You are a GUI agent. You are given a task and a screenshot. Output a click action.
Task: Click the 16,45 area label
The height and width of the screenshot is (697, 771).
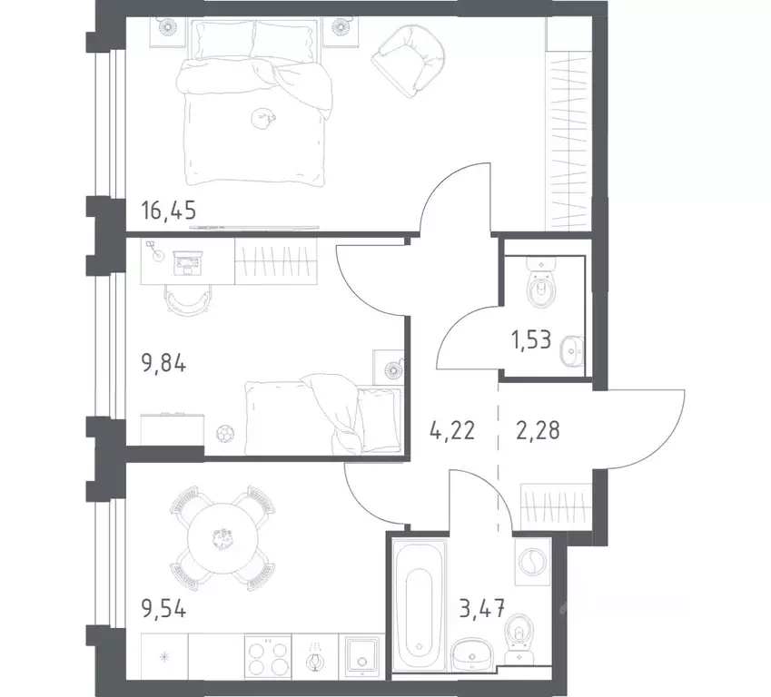coord(169,211)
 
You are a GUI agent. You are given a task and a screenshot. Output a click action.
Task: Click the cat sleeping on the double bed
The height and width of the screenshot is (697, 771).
coord(264,115)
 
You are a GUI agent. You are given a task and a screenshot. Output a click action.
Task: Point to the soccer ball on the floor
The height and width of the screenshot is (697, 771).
coord(223,433)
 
